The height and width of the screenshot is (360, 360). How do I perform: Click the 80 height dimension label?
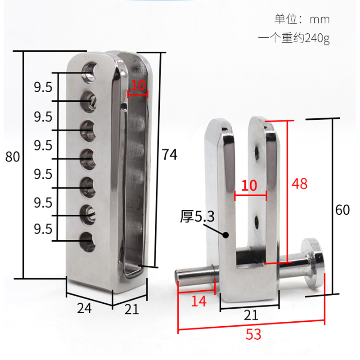(x=12, y=157)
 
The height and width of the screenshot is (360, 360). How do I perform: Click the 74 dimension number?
(x=169, y=155)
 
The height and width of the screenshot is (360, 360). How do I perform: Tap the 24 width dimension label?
(x=84, y=308)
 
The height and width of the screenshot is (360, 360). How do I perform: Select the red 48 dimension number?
(x=300, y=184)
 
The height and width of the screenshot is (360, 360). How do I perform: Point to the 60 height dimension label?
(x=342, y=210)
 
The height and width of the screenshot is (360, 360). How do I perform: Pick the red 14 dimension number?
(x=199, y=301)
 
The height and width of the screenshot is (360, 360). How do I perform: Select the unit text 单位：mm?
(x=302, y=19)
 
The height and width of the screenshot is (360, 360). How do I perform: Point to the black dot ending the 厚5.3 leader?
(x=227, y=234)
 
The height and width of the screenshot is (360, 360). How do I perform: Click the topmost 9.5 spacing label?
(x=43, y=87)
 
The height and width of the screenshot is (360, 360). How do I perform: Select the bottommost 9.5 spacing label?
(x=43, y=229)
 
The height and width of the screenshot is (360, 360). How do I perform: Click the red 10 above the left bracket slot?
(x=138, y=85)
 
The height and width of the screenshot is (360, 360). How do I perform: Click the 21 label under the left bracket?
(x=131, y=309)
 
